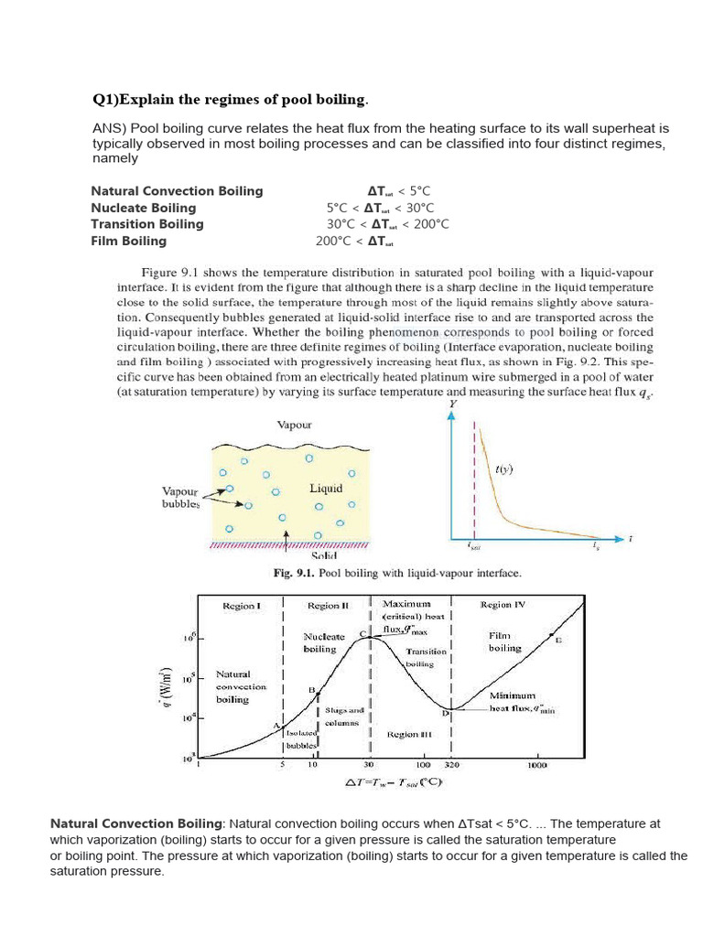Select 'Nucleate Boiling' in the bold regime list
click(x=143, y=208)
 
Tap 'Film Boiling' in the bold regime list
click(x=128, y=241)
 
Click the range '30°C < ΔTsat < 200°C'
click(x=387, y=224)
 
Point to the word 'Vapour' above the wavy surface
click(x=294, y=425)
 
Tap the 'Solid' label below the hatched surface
click(x=324, y=555)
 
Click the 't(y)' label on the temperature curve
click(x=503, y=469)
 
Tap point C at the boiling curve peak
click(x=362, y=634)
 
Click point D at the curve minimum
click(x=446, y=711)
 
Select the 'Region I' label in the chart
click(x=242, y=605)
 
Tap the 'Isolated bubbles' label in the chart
click(x=300, y=739)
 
